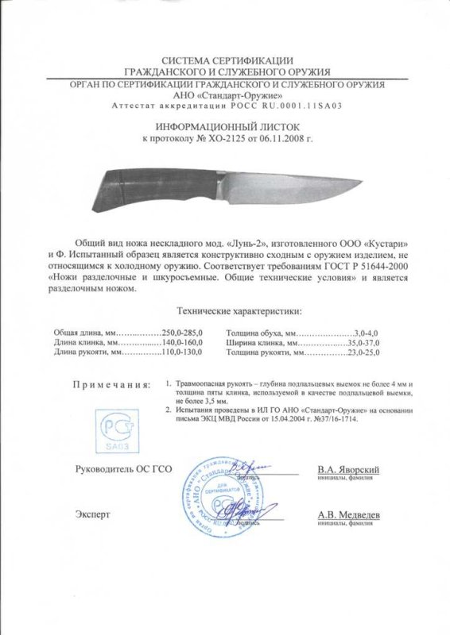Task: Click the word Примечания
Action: click(x=111, y=385)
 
